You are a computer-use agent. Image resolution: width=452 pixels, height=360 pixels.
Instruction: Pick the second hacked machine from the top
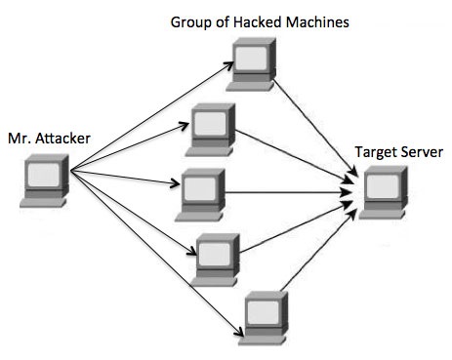pos(210,126)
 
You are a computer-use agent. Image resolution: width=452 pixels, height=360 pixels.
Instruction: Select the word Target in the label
pos(375,153)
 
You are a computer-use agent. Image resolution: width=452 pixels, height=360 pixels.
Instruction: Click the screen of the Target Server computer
pos(381,184)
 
